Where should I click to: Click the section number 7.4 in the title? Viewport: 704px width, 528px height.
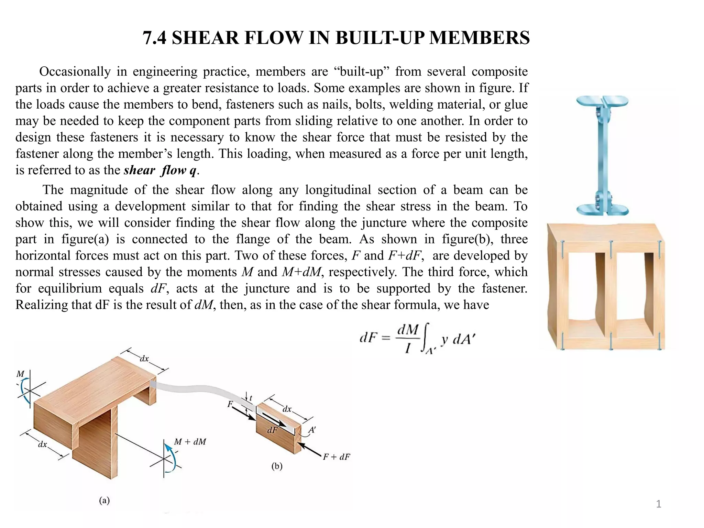tap(154, 38)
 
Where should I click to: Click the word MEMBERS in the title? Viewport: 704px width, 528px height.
tap(479, 38)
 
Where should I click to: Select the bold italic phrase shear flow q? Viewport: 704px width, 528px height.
tap(160, 170)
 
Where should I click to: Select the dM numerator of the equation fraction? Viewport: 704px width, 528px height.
tap(408, 329)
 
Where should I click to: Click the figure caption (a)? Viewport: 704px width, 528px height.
tap(104, 500)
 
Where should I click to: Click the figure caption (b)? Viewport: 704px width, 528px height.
tap(277, 466)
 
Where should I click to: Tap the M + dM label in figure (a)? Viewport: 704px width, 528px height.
tap(190, 442)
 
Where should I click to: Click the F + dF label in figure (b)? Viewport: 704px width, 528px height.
tap(336, 457)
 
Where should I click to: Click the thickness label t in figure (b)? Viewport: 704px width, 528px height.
tap(251, 398)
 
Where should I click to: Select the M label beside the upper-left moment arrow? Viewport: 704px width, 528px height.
tap(21, 374)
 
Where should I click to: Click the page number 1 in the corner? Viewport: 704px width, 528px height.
tap(658, 504)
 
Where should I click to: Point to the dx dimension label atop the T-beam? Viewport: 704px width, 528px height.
tap(144, 359)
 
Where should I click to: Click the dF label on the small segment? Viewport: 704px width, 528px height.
tap(272, 430)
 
